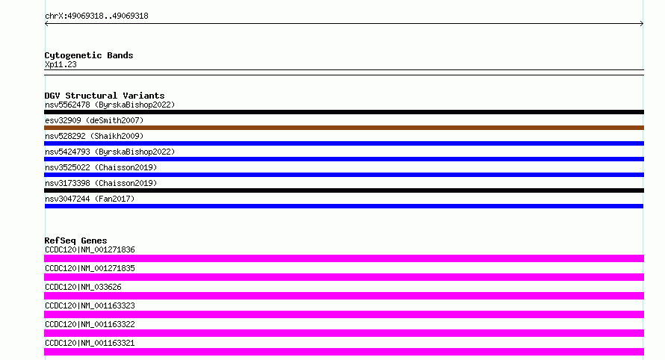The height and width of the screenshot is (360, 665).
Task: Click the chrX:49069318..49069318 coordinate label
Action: pyautogui.click(x=96, y=16)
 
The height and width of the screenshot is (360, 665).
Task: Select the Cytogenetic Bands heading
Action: pyautogui.click(x=89, y=55)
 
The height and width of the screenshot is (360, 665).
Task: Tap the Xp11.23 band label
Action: pyautogui.click(x=61, y=64)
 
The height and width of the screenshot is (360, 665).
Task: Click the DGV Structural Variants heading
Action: pyautogui.click(x=105, y=96)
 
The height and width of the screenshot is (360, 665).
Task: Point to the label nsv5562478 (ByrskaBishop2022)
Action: pyautogui.click(x=110, y=105)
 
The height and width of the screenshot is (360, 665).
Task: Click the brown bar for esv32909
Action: pyautogui.click(x=344, y=128)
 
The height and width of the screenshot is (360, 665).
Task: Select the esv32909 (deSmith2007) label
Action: pyautogui.click(x=94, y=120)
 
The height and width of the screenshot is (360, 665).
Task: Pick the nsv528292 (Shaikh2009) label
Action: pyautogui.click(x=94, y=136)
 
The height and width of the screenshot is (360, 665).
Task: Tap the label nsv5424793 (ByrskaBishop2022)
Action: pyautogui.click(x=110, y=152)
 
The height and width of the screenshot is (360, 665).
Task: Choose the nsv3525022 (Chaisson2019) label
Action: pyautogui.click(x=101, y=167)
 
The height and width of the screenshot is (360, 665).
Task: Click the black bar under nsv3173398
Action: pyautogui.click(x=344, y=190)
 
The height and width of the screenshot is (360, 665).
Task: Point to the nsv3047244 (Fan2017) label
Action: pyautogui.click(x=90, y=199)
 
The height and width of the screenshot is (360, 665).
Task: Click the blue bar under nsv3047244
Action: pyautogui.click(x=344, y=206)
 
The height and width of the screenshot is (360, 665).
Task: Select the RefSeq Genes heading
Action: pyautogui.click(x=75, y=240)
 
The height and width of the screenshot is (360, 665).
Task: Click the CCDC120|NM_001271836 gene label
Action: pyautogui.click(x=90, y=249)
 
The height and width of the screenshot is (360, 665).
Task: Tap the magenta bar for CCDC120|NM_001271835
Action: pyautogui.click(x=344, y=277)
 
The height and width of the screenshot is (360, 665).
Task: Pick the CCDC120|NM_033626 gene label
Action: pyautogui.click(x=83, y=287)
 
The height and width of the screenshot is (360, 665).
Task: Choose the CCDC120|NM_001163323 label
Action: pyautogui.click(x=90, y=305)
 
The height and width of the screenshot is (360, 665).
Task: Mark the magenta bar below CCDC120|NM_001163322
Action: pyautogui.click(x=344, y=333)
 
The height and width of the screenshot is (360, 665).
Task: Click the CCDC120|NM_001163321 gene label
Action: pyautogui.click(x=90, y=343)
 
